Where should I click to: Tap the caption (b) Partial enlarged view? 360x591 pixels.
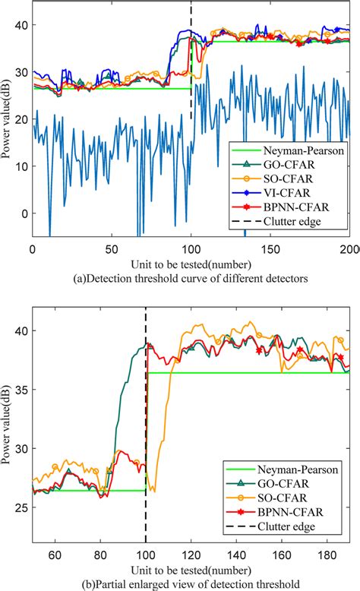coord(191,583)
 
